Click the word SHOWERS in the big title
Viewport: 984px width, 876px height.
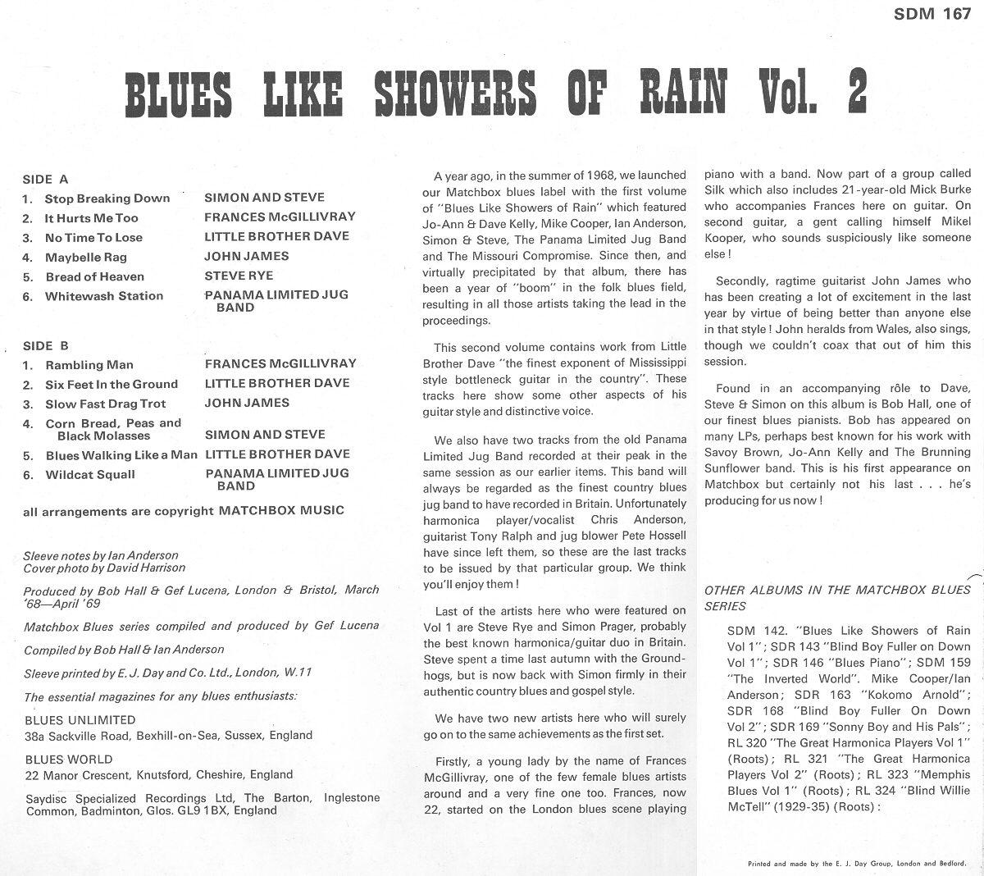[x=455, y=94]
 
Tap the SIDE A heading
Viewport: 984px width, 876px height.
[x=46, y=179]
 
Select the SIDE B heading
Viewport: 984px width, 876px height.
[x=46, y=346]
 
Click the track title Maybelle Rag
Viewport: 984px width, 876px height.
[x=86, y=258]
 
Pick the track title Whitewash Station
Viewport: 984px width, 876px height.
[x=104, y=296]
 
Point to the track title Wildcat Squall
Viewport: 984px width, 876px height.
[x=91, y=475]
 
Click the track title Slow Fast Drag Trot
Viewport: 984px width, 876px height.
[x=106, y=404]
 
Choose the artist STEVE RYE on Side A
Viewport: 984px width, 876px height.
[x=239, y=276]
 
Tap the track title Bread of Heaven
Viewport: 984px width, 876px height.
[x=94, y=277]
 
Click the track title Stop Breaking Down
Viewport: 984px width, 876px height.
[x=107, y=198]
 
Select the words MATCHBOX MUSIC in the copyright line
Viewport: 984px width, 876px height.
[x=281, y=510]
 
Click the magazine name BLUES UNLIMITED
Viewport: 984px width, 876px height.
[x=80, y=720]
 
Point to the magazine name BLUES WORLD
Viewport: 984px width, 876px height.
[x=69, y=760]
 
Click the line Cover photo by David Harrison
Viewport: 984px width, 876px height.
[x=104, y=568]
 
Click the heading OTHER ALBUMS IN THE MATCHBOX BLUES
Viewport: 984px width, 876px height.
[x=837, y=590]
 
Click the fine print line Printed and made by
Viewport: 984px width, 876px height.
[x=856, y=864]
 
